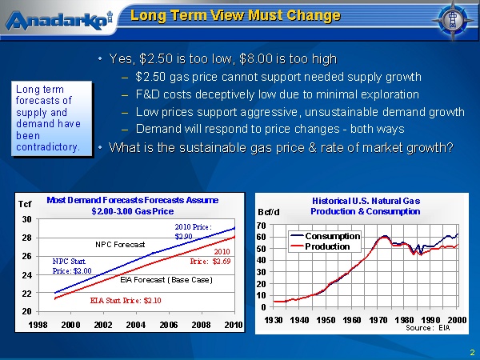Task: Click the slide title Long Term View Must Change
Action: (235, 16)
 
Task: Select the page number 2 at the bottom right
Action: (472, 352)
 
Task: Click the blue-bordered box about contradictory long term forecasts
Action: (48, 118)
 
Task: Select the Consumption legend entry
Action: (332, 236)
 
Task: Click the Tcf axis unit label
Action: (25, 205)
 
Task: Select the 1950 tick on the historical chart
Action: (326, 319)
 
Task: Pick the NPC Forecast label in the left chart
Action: (120, 244)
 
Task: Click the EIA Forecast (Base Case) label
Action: (166, 279)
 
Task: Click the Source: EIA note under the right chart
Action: (430, 327)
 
